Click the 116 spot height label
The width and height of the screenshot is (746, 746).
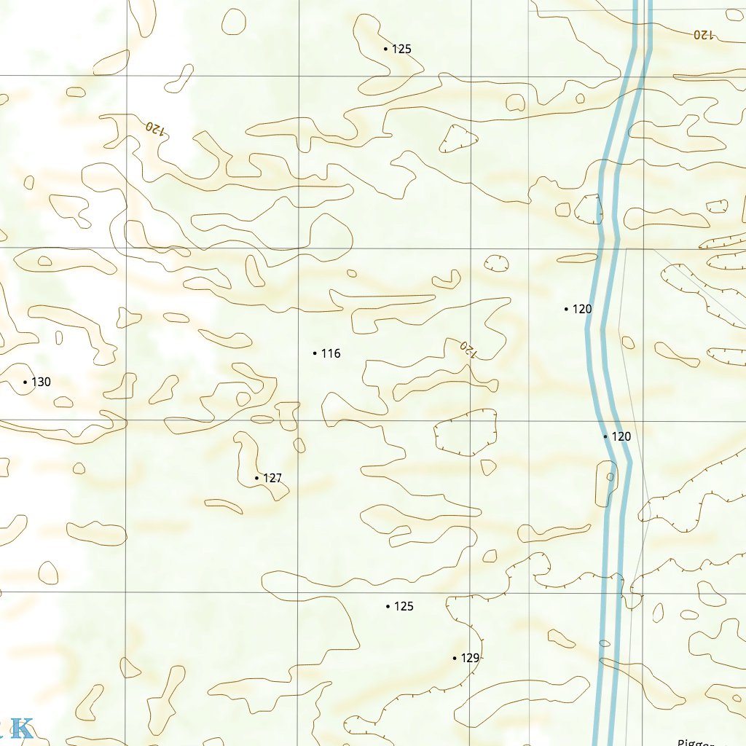click(x=331, y=353)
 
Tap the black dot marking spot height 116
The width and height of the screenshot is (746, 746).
click(x=315, y=353)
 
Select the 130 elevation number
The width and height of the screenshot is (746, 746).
click(x=41, y=382)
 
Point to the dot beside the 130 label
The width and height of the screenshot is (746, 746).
click(x=25, y=382)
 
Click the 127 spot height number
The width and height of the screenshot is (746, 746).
click(x=272, y=478)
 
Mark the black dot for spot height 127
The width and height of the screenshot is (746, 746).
click(x=257, y=478)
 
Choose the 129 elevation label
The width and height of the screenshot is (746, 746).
click(x=471, y=658)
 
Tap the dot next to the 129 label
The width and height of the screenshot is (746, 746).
click(x=455, y=658)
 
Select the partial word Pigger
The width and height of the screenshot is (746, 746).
click(x=695, y=742)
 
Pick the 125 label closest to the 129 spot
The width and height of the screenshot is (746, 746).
click(x=404, y=606)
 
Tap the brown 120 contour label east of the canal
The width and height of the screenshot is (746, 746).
click(x=704, y=34)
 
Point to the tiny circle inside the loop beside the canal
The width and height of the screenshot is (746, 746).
click(x=610, y=478)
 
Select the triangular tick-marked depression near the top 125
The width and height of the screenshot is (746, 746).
click(x=458, y=138)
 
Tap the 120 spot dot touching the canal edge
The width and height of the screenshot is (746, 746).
click(x=605, y=436)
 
